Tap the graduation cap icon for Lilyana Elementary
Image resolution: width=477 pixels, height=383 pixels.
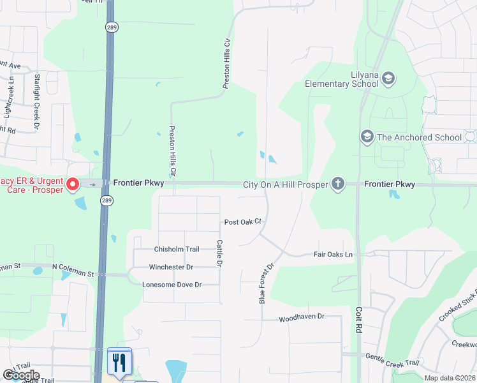[388, 79]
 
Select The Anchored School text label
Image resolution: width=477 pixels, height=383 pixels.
[420, 137]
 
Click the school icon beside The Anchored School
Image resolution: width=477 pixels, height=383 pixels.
[367, 137]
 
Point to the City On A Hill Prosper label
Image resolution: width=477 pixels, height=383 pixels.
[285, 184]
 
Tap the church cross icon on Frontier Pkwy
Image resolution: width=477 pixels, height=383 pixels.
[337, 184]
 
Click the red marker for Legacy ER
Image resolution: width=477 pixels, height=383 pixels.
[73, 185]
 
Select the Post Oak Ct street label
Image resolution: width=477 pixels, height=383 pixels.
[243, 222]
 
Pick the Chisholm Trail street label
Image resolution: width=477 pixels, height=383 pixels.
[177, 249]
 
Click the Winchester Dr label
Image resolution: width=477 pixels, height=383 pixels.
[171, 267]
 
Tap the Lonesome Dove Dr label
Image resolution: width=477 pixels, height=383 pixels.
[172, 285]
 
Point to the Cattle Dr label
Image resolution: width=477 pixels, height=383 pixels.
[219, 253]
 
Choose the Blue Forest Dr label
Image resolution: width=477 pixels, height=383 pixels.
[267, 282]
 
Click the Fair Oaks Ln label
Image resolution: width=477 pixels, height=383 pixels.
[333, 254]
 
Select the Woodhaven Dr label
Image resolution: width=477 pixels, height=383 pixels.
[302, 317]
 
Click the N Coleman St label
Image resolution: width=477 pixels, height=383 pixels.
[73, 274]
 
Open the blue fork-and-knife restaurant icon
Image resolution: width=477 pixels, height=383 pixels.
[119, 362]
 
